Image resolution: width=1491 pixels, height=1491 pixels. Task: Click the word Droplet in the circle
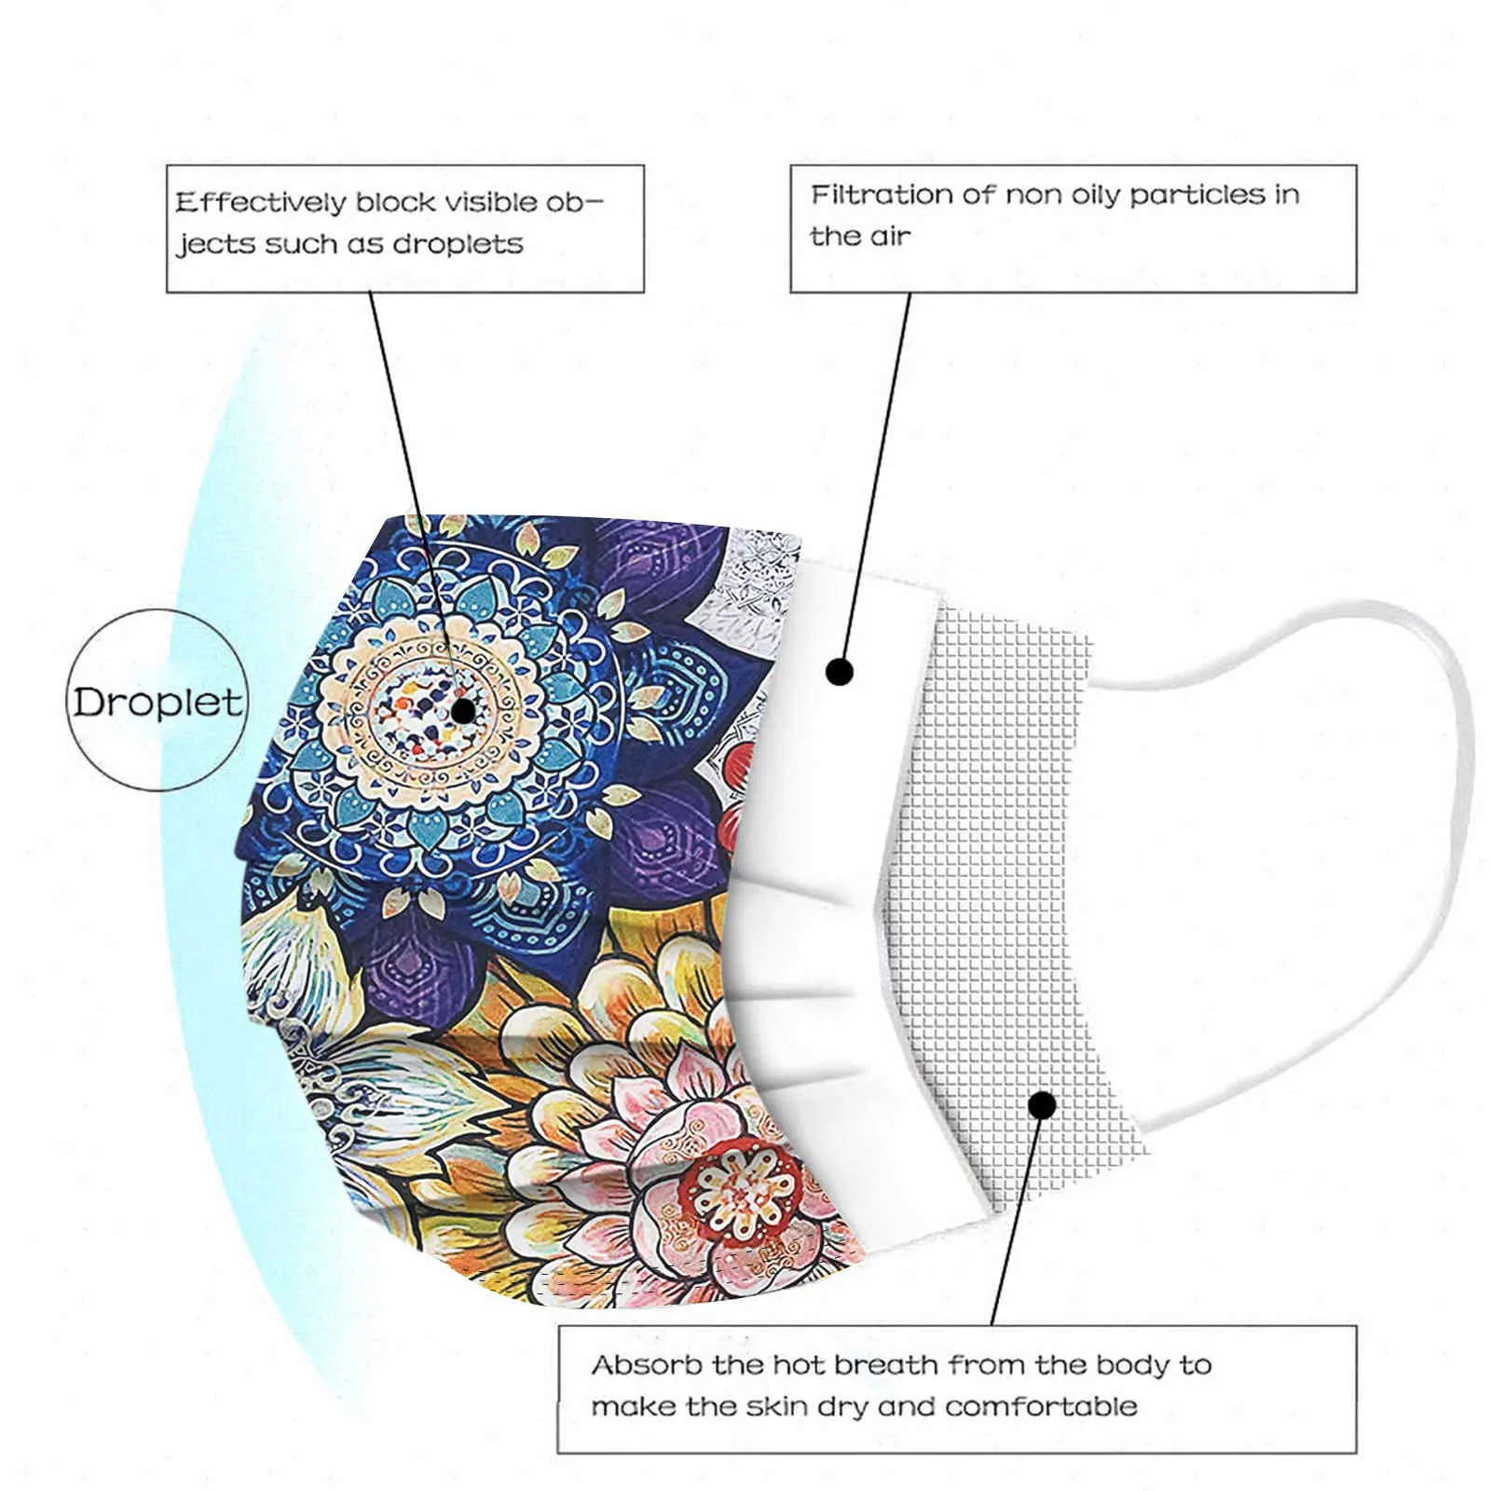[157, 702]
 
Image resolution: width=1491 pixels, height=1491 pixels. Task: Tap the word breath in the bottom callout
[886, 1366]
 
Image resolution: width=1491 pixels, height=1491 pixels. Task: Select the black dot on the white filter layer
[840, 671]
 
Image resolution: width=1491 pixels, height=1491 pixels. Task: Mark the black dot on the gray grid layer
[1044, 1105]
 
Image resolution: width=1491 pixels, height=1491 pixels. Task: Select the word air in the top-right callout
[890, 237]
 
